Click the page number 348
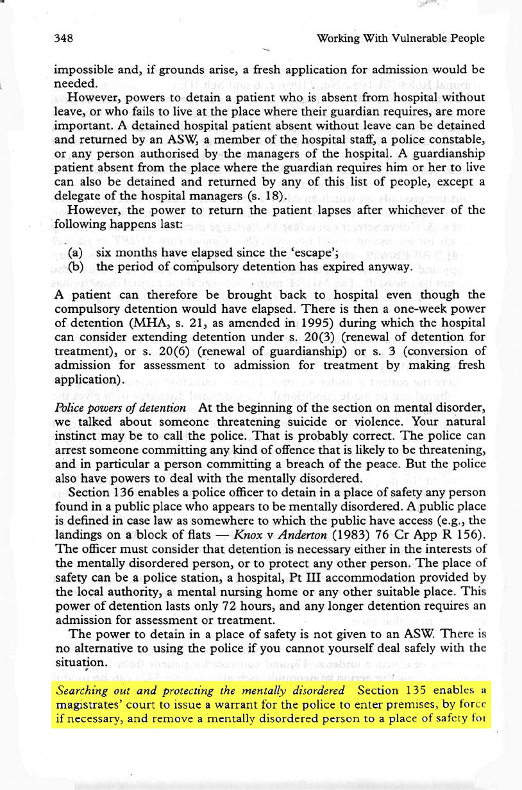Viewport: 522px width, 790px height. pos(63,38)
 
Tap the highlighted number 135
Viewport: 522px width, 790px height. pos(421,691)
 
